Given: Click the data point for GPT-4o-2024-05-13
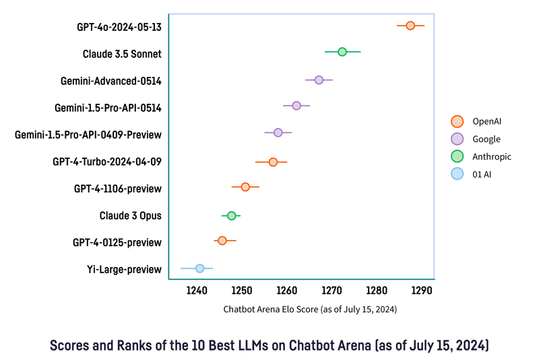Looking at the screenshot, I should tap(410, 26).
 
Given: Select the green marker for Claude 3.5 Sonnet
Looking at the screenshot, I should tap(342, 52).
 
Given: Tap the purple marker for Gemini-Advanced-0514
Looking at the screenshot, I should tap(319, 80).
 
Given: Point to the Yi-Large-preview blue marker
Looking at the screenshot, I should tap(199, 268).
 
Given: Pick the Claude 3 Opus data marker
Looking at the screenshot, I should tap(231, 216).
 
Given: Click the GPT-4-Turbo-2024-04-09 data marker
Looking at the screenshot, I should tap(273, 162).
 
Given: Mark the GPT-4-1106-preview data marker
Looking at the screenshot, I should tap(245, 187).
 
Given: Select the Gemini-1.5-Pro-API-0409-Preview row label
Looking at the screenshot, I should tap(88, 135).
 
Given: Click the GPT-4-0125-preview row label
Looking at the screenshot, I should tap(117, 242).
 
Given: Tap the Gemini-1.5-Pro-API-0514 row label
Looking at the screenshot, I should tap(108, 108).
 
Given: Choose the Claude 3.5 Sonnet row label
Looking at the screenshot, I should tap(122, 54).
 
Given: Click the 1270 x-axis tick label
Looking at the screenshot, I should tap(331, 291).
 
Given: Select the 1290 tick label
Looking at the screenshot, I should tap(422, 291).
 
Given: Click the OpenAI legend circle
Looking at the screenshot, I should tap(457, 121).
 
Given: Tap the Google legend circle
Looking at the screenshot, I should tap(457, 139).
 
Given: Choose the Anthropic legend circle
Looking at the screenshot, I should tap(457, 156).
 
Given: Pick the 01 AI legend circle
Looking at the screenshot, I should tap(457, 174).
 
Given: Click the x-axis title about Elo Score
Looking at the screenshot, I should tap(309, 309).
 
